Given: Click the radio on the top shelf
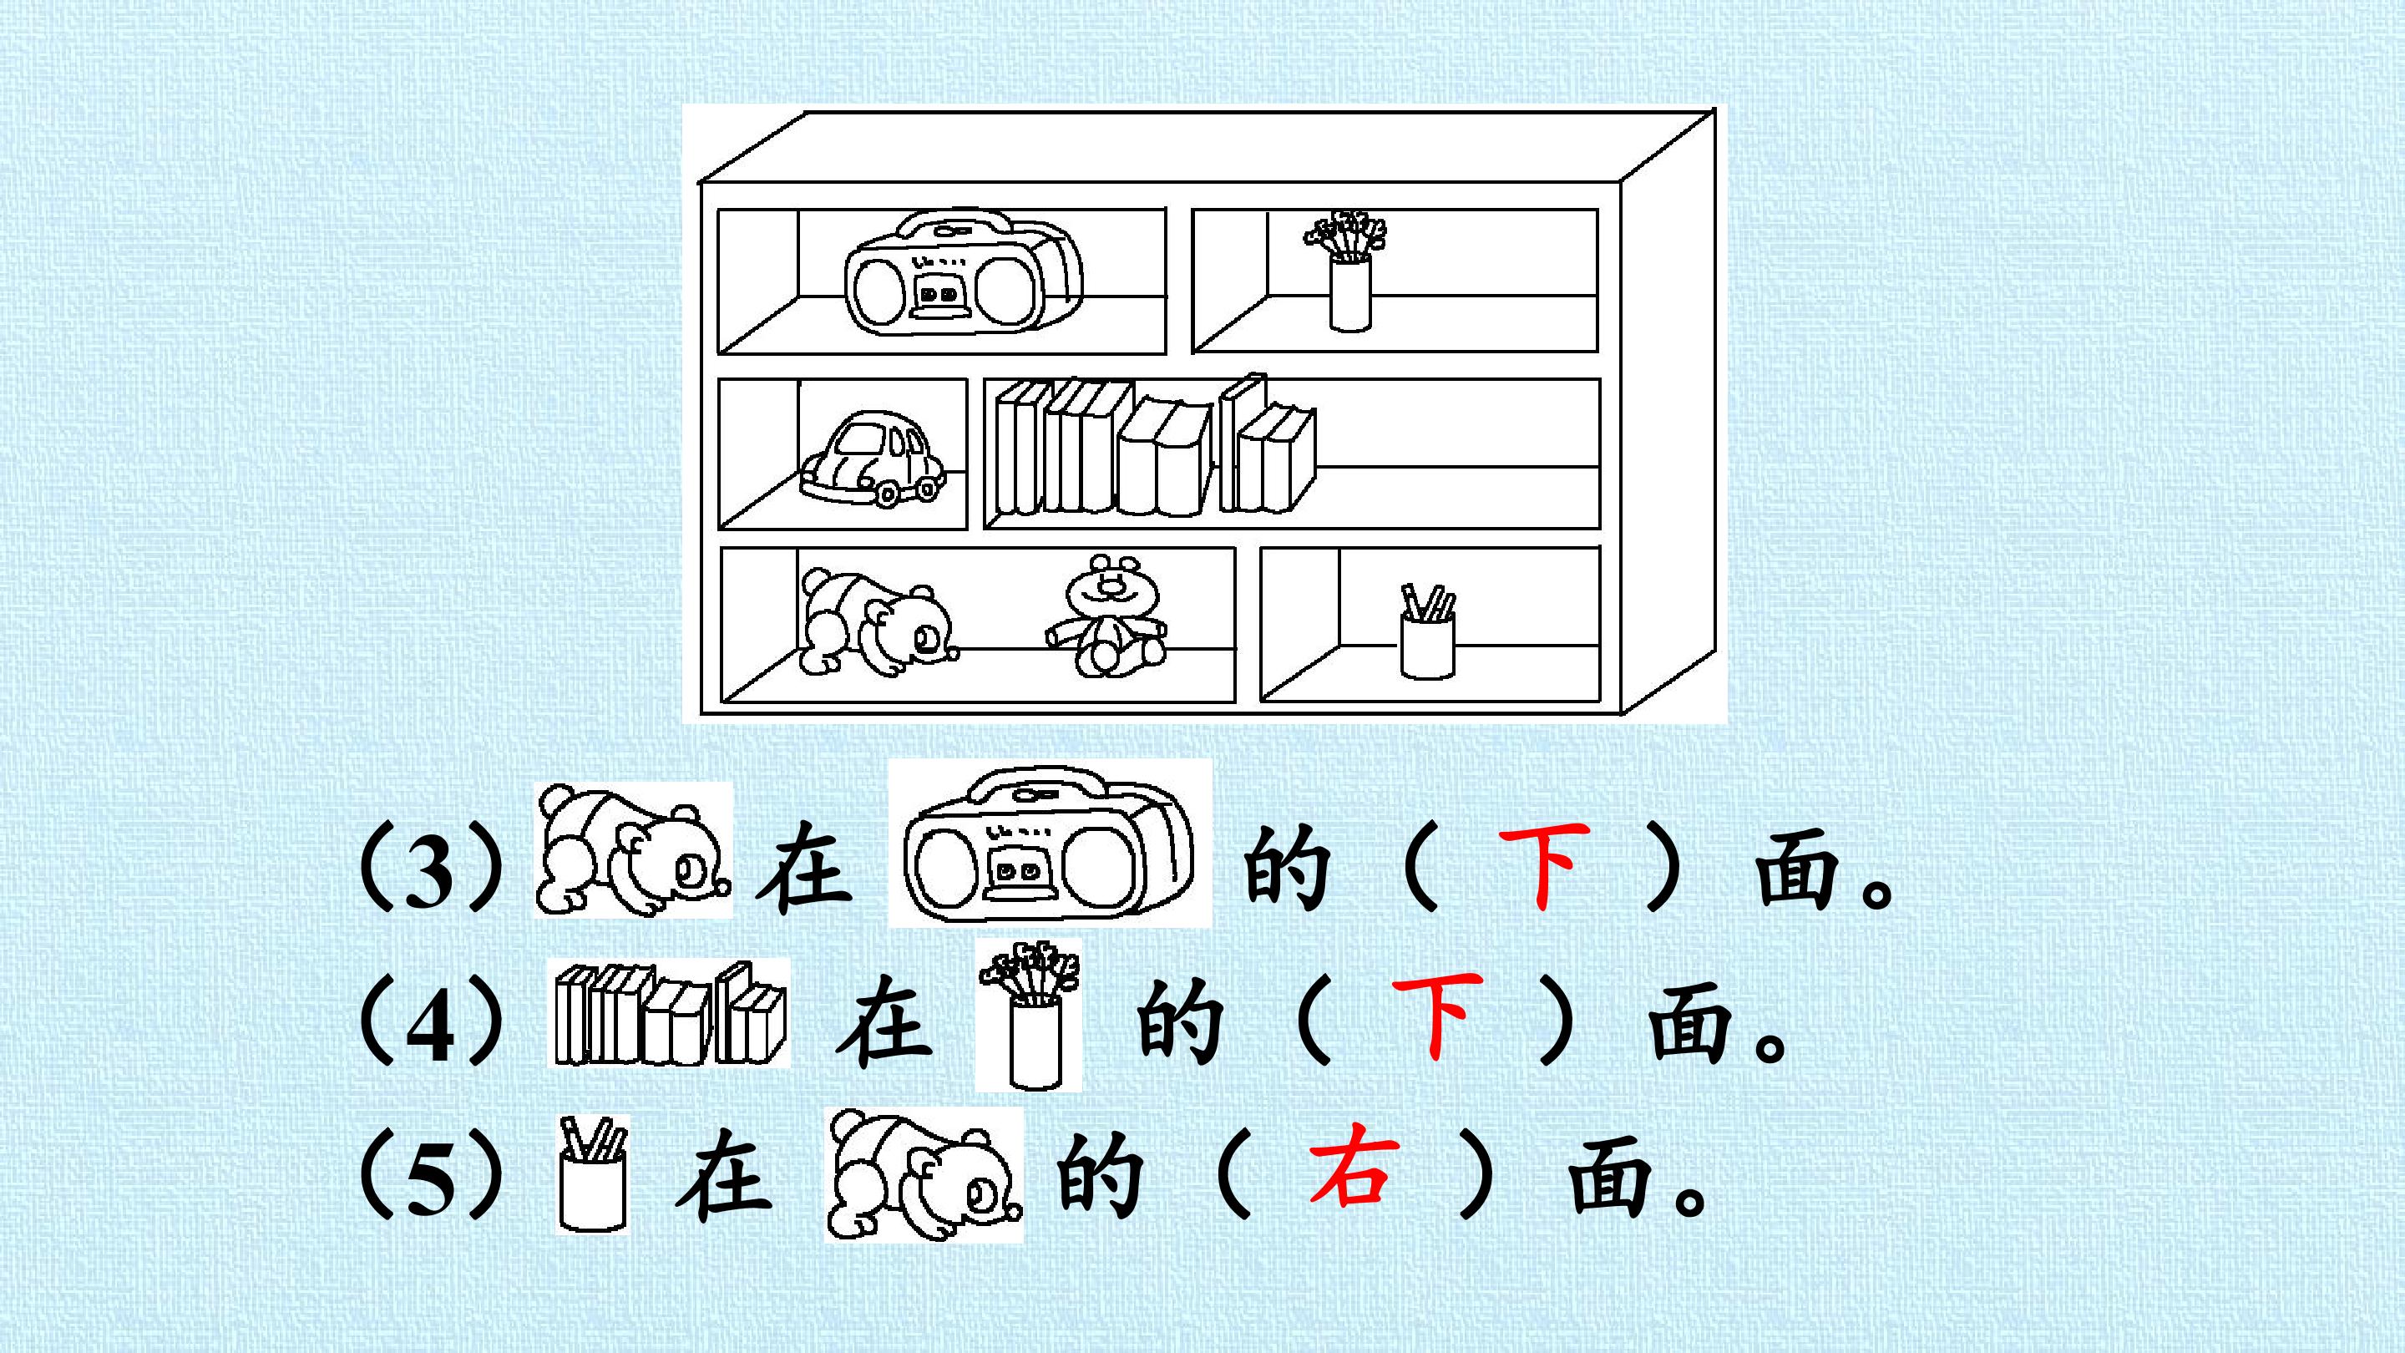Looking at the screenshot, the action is coord(964,275).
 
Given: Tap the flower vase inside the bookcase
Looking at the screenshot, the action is coord(1347,271).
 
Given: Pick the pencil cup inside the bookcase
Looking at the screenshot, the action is coord(1427,631).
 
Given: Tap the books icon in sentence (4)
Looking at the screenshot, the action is coord(670,1014).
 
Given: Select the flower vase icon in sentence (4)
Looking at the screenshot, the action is coord(1029,1014).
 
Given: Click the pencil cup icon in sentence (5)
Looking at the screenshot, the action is coord(592,1173).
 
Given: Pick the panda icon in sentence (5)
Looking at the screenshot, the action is coord(924,1174).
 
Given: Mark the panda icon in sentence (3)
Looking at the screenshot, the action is coord(633,849).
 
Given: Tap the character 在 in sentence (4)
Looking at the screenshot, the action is coord(884,1021).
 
